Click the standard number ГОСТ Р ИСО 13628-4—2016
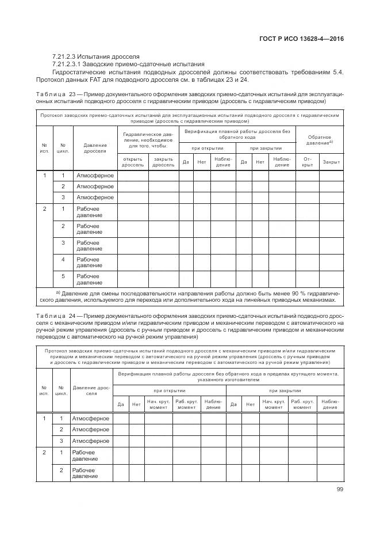(x=305, y=39)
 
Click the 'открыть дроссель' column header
(x=132, y=162)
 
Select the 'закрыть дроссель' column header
(x=163, y=162)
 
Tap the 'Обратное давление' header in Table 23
(x=319, y=139)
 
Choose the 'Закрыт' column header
(x=331, y=162)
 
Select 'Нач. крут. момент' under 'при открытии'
(x=158, y=404)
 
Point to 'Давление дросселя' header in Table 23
(x=95, y=148)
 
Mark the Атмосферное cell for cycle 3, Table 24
(x=90, y=441)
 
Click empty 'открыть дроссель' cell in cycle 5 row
(x=132, y=279)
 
